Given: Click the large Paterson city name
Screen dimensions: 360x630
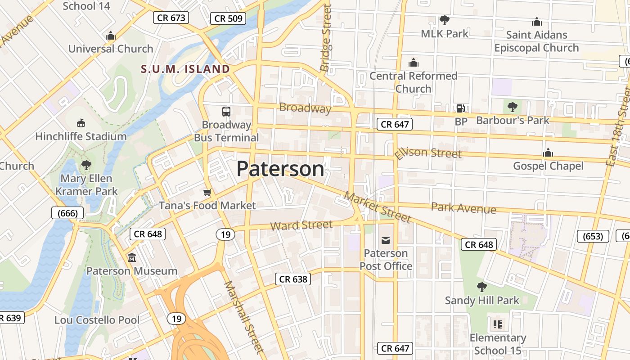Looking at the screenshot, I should pyautogui.click(x=280, y=169).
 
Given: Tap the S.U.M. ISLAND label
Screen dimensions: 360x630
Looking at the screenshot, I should pyautogui.click(x=185, y=69).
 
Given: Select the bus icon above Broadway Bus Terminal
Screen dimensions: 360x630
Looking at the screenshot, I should pyautogui.click(x=226, y=111).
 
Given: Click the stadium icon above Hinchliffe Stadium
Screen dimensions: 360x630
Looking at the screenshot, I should pyautogui.click(x=81, y=123).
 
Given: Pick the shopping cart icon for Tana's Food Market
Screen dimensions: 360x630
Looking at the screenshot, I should pyautogui.click(x=207, y=193).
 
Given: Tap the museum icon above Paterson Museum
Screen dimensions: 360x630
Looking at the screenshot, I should pyautogui.click(x=132, y=258).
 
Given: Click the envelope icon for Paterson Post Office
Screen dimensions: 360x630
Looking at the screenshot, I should pyautogui.click(x=386, y=240).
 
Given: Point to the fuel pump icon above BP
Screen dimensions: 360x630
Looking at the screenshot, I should pyautogui.click(x=460, y=108).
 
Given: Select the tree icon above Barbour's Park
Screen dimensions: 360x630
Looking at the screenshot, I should pyautogui.click(x=512, y=107).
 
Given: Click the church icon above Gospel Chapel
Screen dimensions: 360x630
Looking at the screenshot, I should pyautogui.click(x=548, y=153).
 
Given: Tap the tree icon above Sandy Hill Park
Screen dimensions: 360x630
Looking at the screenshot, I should pyautogui.click(x=481, y=287).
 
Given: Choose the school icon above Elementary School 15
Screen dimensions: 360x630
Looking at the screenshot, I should pyautogui.click(x=497, y=324).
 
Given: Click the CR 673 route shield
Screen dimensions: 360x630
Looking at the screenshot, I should pyautogui.click(x=171, y=18).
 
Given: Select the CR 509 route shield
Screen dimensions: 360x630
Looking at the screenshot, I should pyautogui.click(x=228, y=18).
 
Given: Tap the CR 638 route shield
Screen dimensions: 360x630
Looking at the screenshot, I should pyautogui.click(x=293, y=279).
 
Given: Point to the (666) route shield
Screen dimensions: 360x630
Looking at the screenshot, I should pyautogui.click(x=67, y=213).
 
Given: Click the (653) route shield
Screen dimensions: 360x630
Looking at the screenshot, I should pyautogui.click(x=593, y=236).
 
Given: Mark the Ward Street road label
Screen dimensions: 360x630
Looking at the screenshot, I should pyautogui.click(x=301, y=225).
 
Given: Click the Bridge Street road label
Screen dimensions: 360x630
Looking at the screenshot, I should pyautogui.click(x=325, y=38).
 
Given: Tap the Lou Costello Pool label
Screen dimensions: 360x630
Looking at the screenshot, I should pyautogui.click(x=97, y=320).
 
